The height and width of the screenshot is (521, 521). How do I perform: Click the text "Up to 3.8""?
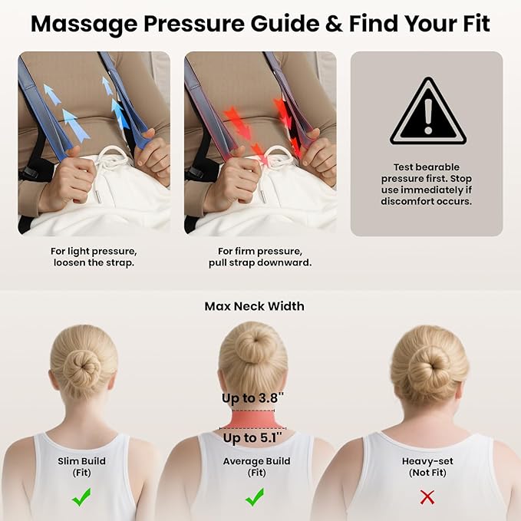point(253,398)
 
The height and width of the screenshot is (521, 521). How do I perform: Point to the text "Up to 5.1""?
point(252,438)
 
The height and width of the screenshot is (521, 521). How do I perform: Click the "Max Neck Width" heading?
point(254,306)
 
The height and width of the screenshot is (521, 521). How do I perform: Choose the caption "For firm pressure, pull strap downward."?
point(259,257)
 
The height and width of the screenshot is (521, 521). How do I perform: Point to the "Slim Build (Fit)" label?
point(81,467)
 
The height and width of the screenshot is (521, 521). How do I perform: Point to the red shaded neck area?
point(252,419)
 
